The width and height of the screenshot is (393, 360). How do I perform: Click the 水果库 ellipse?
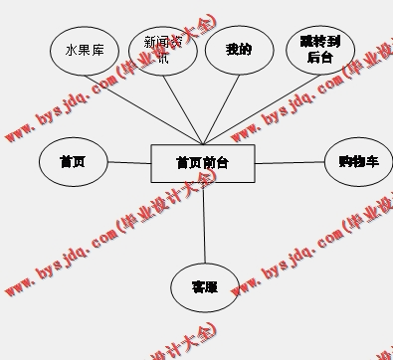click(86, 49)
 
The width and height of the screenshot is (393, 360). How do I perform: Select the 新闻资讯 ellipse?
click(163, 50)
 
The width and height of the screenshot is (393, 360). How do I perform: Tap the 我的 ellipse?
click(239, 49)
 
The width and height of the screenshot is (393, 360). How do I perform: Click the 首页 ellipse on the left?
click(73, 162)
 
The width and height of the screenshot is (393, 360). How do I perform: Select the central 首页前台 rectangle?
click(202, 163)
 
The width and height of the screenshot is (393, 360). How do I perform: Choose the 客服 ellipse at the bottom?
click(205, 287)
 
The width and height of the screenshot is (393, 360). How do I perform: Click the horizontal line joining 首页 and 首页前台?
click(128, 162)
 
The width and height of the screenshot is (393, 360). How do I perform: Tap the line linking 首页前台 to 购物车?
click(290, 162)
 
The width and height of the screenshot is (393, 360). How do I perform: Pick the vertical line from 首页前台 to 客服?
click(204, 223)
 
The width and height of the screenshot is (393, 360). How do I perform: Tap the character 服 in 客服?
click(211, 287)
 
